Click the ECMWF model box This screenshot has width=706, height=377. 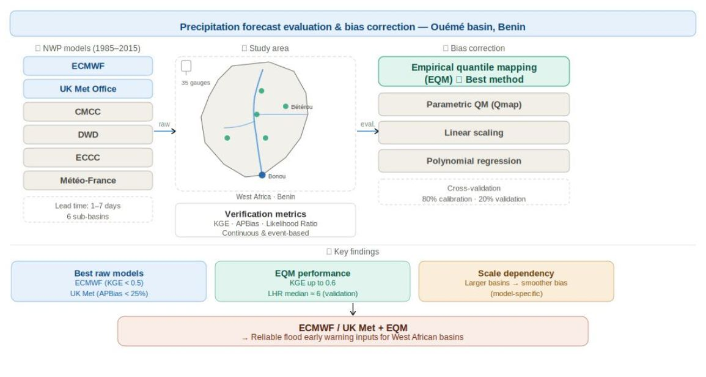coord(88,66)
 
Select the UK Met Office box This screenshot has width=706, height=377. coord(88,89)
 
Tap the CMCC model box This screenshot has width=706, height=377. coord(88,112)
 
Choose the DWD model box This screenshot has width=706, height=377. coord(88,135)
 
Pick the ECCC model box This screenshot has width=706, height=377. coord(88,157)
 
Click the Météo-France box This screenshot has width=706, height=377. coord(88,181)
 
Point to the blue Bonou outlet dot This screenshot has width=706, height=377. coord(262,175)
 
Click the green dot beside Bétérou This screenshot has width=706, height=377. coord(285,106)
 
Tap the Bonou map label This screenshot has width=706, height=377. coord(277,176)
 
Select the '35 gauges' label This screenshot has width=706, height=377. coord(196,83)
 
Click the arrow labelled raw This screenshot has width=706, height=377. coord(165,131)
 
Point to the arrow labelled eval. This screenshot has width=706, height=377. coord(368,131)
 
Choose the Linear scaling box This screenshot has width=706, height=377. coord(474,133)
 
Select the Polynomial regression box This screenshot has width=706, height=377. coord(474,161)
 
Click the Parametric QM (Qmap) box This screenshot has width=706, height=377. coord(474,104)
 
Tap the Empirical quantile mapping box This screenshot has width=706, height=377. coord(474,71)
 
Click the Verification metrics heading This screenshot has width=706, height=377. coord(266,214)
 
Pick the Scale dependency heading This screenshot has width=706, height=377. coord(516,274)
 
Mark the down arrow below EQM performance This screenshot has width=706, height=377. coord(353,309)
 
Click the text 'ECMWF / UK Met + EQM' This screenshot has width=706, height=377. coord(353,328)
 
